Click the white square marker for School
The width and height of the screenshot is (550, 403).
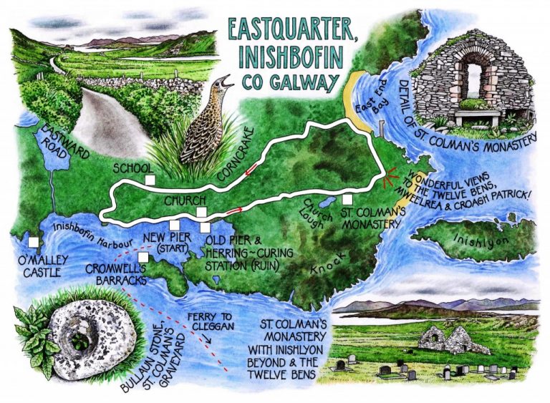point(150,179)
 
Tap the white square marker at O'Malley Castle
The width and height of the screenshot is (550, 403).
point(34,241)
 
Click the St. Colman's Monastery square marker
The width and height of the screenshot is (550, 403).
point(347,200)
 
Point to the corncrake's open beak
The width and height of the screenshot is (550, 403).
point(228,80)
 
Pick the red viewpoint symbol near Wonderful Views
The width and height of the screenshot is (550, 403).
point(391,180)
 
